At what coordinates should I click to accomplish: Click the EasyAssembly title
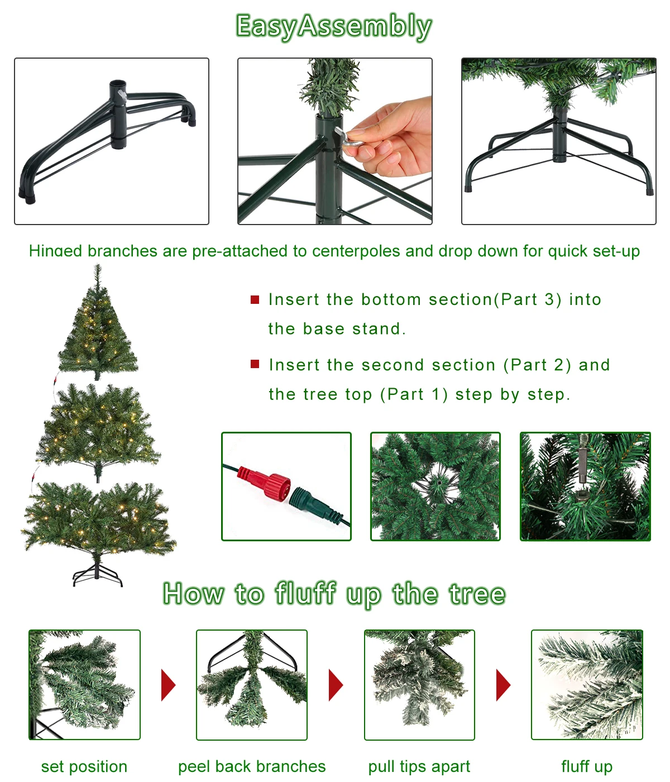tap(334, 26)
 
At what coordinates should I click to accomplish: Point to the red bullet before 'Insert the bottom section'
tap(255, 300)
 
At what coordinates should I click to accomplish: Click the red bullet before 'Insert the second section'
tap(255, 365)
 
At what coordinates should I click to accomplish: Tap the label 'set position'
tap(84, 766)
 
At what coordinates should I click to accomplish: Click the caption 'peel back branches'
tap(252, 766)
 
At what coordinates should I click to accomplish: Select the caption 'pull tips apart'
tap(419, 766)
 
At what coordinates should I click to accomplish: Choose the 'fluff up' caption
tap(587, 766)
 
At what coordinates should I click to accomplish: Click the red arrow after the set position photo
tap(168, 685)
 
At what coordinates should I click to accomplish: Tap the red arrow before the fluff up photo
tap(503, 685)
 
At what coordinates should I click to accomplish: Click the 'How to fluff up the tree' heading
tap(334, 594)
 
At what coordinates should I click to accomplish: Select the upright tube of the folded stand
tap(118, 115)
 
